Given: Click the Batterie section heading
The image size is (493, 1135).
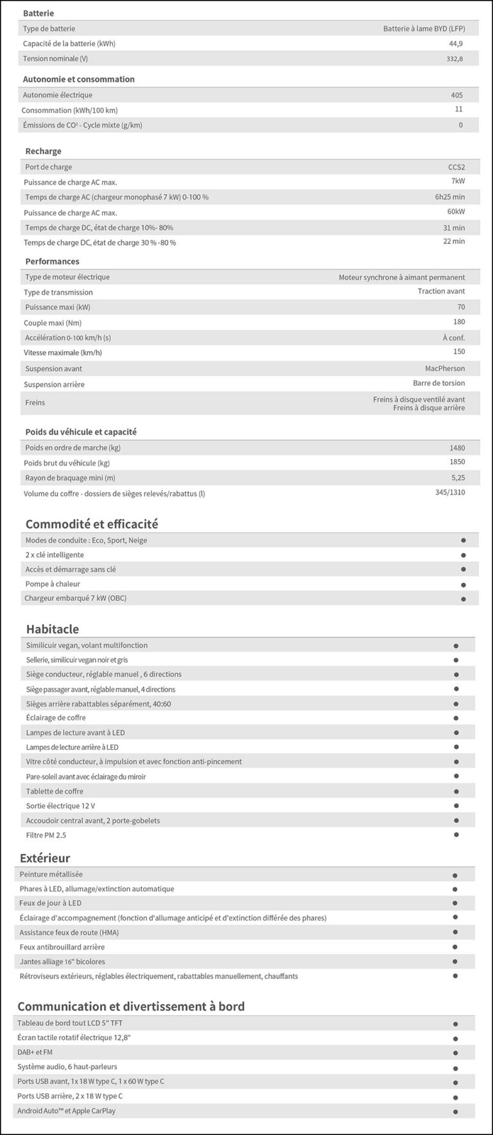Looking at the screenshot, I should [38, 13].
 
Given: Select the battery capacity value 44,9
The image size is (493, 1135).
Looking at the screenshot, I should [455, 44].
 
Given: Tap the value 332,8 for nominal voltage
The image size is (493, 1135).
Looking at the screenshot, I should [454, 59].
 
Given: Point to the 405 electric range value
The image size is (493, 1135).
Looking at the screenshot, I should [456, 95].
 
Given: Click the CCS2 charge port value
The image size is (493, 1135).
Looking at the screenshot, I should [456, 167].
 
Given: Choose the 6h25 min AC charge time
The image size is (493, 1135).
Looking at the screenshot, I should [449, 197].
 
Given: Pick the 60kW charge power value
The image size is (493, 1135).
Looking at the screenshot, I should [456, 212].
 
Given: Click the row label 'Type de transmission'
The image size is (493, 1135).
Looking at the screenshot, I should [58, 292].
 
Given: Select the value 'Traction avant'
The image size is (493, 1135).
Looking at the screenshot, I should [441, 291].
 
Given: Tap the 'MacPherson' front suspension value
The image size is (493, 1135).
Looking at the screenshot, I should [444, 368].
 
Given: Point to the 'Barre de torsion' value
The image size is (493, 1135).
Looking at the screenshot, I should [438, 383].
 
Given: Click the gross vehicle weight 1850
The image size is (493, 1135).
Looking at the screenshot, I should [456, 462].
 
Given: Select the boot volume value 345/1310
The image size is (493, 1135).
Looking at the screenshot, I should [449, 492].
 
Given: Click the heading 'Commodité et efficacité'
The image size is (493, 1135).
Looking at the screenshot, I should [91, 524].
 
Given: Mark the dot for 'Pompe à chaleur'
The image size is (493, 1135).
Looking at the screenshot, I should [463, 585].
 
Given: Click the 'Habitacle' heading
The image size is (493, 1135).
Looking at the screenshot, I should [52, 629].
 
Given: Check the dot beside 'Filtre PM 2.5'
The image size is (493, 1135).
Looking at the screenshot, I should [456, 835].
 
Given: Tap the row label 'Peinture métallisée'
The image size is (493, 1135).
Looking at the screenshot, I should [51, 874].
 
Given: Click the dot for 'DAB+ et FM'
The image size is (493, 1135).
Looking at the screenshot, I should [454, 1053].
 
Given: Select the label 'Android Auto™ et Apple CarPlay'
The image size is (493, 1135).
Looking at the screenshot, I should [66, 1111].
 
